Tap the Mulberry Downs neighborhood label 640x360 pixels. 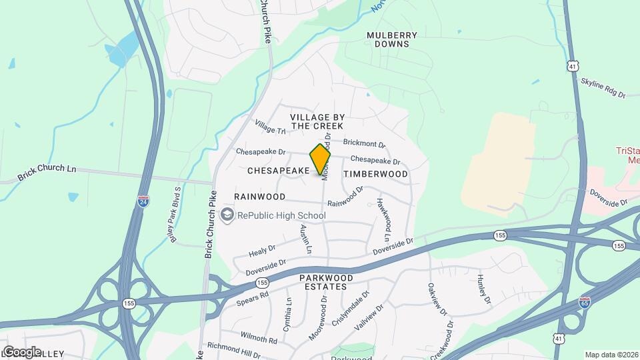[392, 39]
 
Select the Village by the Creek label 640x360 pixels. [317, 121]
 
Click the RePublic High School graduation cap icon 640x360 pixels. [227, 215]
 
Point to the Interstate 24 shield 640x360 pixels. [143, 201]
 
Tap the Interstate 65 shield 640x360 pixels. [585, 302]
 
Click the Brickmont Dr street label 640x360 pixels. [364, 143]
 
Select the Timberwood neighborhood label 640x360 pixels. [375, 174]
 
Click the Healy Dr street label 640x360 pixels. [262, 251]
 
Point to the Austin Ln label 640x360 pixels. [305, 239]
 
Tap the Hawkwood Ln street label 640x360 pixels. [383, 219]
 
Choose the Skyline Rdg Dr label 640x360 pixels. [603, 87]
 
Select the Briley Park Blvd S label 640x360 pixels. [175, 215]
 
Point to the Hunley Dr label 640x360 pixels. [483, 291]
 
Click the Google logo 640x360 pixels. [22, 351]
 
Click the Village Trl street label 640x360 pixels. [270, 126]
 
